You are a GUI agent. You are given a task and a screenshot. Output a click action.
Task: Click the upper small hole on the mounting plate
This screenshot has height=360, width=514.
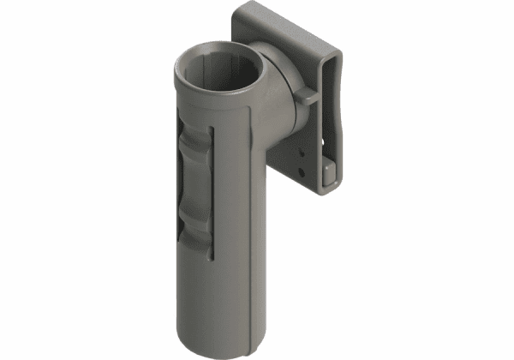click(x=301, y=154)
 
